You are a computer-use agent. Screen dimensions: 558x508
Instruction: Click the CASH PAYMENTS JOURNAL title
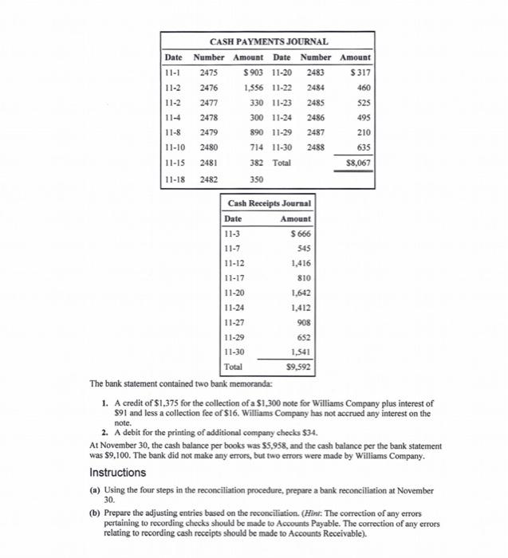[x=268, y=41]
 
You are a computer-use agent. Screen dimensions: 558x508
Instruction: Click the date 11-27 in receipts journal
[x=235, y=323]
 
